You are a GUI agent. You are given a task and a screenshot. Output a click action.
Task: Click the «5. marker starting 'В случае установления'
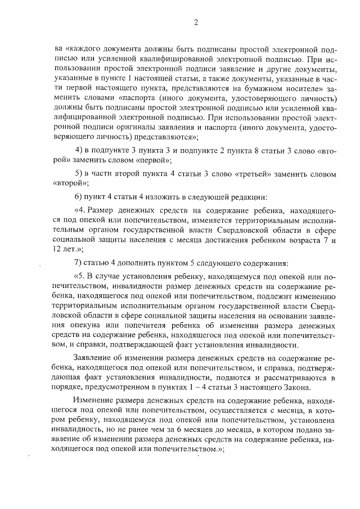coord(81,277)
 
